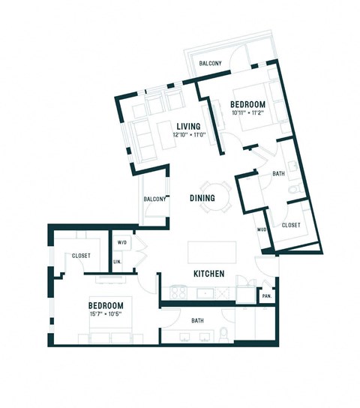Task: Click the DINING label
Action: click(202, 198)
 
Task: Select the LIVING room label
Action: click(187, 126)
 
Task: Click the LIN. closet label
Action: click(118, 261)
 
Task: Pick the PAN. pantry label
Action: click(266, 296)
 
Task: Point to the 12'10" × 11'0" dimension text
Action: click(187, 136)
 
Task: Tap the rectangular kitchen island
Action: click(211, 250)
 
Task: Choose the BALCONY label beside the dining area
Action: click(155, 199)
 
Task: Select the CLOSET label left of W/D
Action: click(80, 256)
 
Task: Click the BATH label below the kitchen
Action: click(198, 321)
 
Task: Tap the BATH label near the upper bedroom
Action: click(279, 174)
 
